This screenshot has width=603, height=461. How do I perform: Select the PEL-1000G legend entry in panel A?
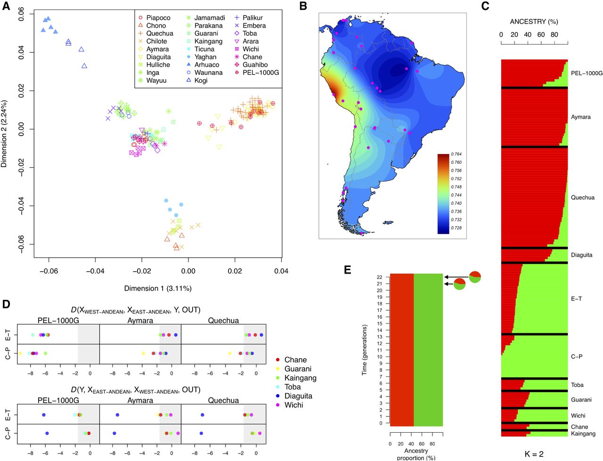(261, 73)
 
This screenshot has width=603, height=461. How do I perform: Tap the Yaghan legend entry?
(205, 57)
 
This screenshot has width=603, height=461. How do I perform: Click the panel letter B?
(303, 7)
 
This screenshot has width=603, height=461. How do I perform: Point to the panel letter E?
(348, 270)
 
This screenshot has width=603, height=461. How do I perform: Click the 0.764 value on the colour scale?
(456, 154)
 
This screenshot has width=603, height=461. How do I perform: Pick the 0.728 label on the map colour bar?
(456, 228)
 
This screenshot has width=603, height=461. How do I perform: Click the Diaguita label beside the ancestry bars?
(582, 255)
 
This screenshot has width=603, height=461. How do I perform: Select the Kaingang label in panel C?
(583, 434)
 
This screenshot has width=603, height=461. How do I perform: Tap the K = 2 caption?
(534, 454)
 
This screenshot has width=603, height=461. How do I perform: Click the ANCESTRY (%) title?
(534, 22)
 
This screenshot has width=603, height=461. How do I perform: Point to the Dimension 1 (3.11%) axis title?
(158, 288)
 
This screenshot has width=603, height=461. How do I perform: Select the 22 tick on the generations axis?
(379, 277)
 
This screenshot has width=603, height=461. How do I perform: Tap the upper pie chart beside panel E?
(474, 277)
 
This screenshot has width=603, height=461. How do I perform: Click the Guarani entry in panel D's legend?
(298, 369)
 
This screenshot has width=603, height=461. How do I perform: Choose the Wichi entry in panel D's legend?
(293, 405)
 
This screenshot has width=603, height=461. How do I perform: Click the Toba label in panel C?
(577, 385)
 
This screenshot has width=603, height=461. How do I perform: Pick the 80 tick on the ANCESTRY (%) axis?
(554, 34)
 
